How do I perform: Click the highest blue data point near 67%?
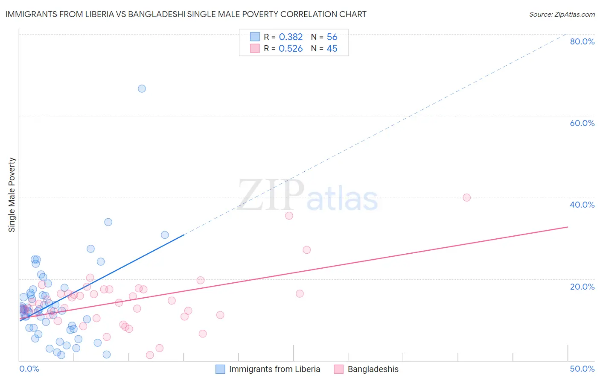coord(142,89)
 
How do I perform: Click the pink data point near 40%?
coord(466,197)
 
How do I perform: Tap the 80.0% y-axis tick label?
coord(582,41)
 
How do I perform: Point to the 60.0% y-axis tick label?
coord(582,123)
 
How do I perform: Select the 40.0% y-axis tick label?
coord(582,205)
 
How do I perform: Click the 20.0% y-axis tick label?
coord(582,287)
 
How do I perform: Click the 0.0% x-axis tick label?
coord(29,369)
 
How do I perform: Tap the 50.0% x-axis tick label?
coord(582,369)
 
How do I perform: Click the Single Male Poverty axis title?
coord(12,195)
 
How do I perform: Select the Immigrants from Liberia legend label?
coord(274,369)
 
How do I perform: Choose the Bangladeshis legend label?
coord(373,369)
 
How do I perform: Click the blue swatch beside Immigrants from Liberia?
coord(220,369)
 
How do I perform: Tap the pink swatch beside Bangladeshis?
coord(339,369)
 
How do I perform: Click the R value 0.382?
coord(291,37)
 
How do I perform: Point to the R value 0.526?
coord(291,49)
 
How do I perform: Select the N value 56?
coord(332,37)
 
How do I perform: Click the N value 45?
coord(332,49)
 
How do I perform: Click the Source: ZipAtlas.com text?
coord(562,15)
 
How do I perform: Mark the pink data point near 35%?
coord(289,216)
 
